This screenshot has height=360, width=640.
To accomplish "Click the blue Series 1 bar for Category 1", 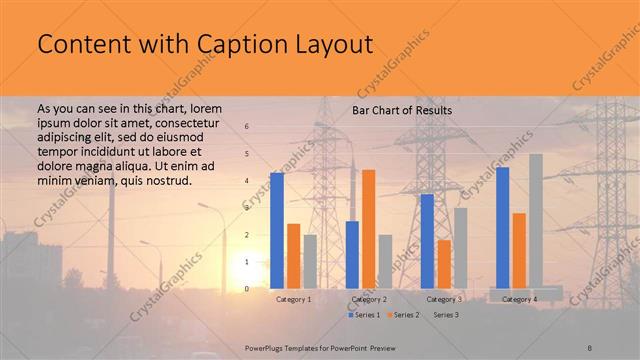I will tap(277, 231).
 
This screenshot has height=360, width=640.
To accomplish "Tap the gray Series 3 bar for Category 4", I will tap(536, 221).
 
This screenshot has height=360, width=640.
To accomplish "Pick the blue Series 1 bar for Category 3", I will tap(427, 241).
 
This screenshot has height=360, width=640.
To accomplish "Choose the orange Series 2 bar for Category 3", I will tap(444, 264).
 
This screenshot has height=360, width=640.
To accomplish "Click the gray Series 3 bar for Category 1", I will tap(310, 262).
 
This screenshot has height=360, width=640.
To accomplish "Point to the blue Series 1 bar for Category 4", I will tap(502, 228).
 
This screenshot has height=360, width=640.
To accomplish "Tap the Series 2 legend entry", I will tap(403, 315).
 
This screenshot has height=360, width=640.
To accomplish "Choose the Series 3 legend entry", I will tap(443, 315).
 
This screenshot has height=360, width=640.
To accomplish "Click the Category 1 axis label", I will tap(294, 299).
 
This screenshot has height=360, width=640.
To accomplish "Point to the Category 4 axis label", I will tap(519, 299).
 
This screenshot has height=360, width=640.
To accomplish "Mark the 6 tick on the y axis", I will tap(247, 126).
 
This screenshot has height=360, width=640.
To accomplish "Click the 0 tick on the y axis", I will tap(247, 289).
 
